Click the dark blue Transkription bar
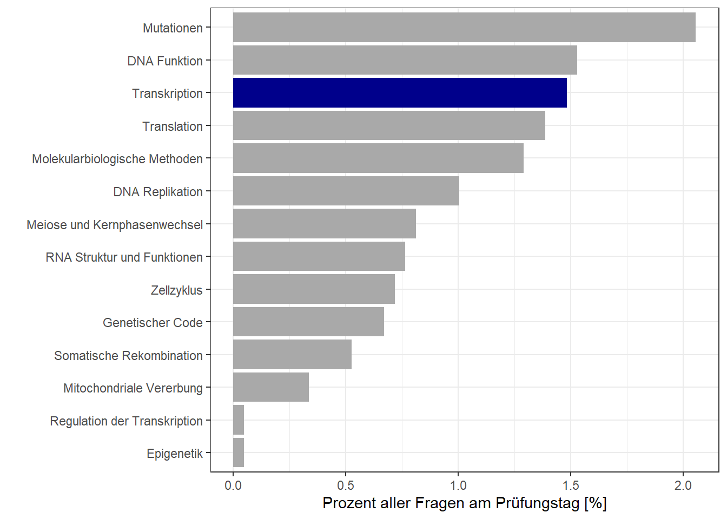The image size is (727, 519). click(x=400, y=92)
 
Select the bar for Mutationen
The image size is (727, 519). click(x=464, y=28)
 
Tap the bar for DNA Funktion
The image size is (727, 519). click(x=405, y=60)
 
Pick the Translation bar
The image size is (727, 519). click(x=389, y=125)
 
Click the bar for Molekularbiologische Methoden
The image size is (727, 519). click(x=378, y=158)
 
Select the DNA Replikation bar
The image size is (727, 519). click(x=346, y=191)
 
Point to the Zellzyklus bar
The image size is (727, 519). click(x=314, y=289)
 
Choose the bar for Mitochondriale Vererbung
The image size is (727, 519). click(x=271, y=387)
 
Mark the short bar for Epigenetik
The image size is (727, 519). click(x=239, y=453)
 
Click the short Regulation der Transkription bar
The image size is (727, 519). click(x=239, y=420)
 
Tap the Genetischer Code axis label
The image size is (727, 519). click(x=153, y=323)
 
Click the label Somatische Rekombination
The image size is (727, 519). click(x=128, y=356)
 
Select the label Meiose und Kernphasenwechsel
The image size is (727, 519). click(x=115, y=225)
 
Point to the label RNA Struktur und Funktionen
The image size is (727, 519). click(x=124, y=257)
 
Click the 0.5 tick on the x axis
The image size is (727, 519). click(x=346, y=485)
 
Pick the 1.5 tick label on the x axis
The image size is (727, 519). click(x=571, y=485)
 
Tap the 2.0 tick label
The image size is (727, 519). click(x=683, y=485)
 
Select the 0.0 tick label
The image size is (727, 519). click(x=233, y=485)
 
